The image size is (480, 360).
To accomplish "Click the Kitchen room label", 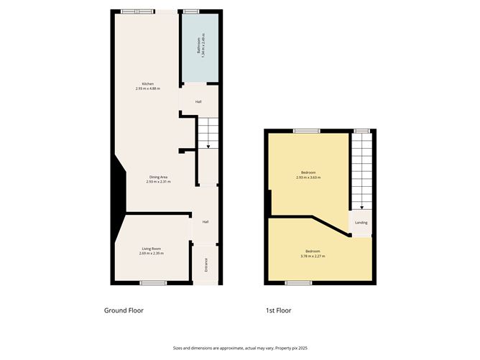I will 148,84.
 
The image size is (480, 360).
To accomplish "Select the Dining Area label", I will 158,177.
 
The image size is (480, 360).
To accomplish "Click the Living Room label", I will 151,249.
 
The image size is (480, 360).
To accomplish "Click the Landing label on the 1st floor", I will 361,223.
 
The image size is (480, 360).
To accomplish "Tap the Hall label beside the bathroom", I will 198,102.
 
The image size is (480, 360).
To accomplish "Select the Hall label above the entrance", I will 206,221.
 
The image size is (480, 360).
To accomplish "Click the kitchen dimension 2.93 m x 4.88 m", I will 148,88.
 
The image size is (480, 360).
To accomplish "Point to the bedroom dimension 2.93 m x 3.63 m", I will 308,177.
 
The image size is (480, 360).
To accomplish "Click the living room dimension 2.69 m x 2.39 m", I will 151,254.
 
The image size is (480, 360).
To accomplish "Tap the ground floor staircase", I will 206,133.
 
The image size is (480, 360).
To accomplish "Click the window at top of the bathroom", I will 191,11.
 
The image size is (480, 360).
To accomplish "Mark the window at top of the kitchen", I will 137,11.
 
